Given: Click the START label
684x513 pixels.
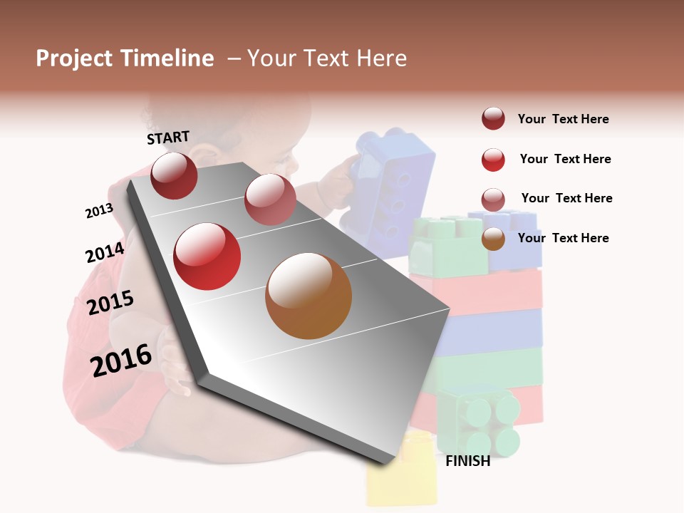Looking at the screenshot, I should pyautogui.click(x=168, y=138).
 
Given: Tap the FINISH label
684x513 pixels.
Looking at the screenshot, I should pyautogui.click(x=467, y=461).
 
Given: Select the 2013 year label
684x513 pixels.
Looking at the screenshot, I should pyautogui.click(x=99, y=211).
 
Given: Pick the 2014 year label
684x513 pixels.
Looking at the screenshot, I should pyautogui.click(x=105, y=252).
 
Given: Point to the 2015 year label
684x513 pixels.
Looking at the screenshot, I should pyautogui.click(x=110, y=303).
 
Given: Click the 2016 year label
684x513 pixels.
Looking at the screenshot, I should pyautogui.click(x=121, y=360).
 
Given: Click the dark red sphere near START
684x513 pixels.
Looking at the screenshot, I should pyautogui.click(x=174, y=176).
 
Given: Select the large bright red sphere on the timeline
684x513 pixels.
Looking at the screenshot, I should pyautogui.click(x=207, y=256).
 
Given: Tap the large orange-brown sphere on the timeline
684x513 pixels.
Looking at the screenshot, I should pyautogui.click(x=309, y=296).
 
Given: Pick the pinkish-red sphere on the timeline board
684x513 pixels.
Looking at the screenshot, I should pyautogui.click(x=270, y=199).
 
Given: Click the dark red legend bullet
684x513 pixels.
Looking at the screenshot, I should pyautogui.click(x=493, y=119).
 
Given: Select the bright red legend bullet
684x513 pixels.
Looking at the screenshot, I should pyautogui.click(x=493, y=160).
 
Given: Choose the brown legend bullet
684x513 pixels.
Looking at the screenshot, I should pyautogui.click(x=493, y=239).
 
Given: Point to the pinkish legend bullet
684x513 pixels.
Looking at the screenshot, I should pyautogui.click(x=493, y=199).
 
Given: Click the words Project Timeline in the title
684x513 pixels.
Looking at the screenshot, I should pyautogui.click(x=125, y=58).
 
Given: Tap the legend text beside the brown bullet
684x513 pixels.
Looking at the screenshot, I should pyautogui.click(x=563, y=238).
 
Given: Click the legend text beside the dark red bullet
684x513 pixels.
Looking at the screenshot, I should pyautogui.click(x=563, y=119).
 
